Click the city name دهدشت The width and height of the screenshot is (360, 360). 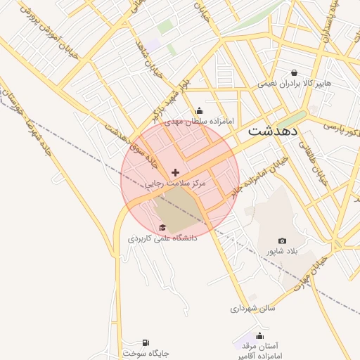(x=274, y=131)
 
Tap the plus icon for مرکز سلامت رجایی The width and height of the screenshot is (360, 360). (x=175, y=172)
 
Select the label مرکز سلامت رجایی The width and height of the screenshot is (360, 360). (x=175, y=183)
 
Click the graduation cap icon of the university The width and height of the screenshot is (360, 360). (x=162, y=227)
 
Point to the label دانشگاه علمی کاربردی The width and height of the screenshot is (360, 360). (x=162, y=238)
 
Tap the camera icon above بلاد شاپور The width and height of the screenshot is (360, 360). (x=282, y=241)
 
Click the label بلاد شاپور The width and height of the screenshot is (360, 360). (x=282, y=251)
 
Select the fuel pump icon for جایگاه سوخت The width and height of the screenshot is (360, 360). (x=146, y=342)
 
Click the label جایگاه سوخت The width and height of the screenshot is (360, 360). (x=146, y=353)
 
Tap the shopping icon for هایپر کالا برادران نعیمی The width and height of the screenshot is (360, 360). (x=293, y=72)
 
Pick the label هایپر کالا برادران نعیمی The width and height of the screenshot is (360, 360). (x=293, y=83)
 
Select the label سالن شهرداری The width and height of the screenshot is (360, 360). (x=252, y=308)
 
